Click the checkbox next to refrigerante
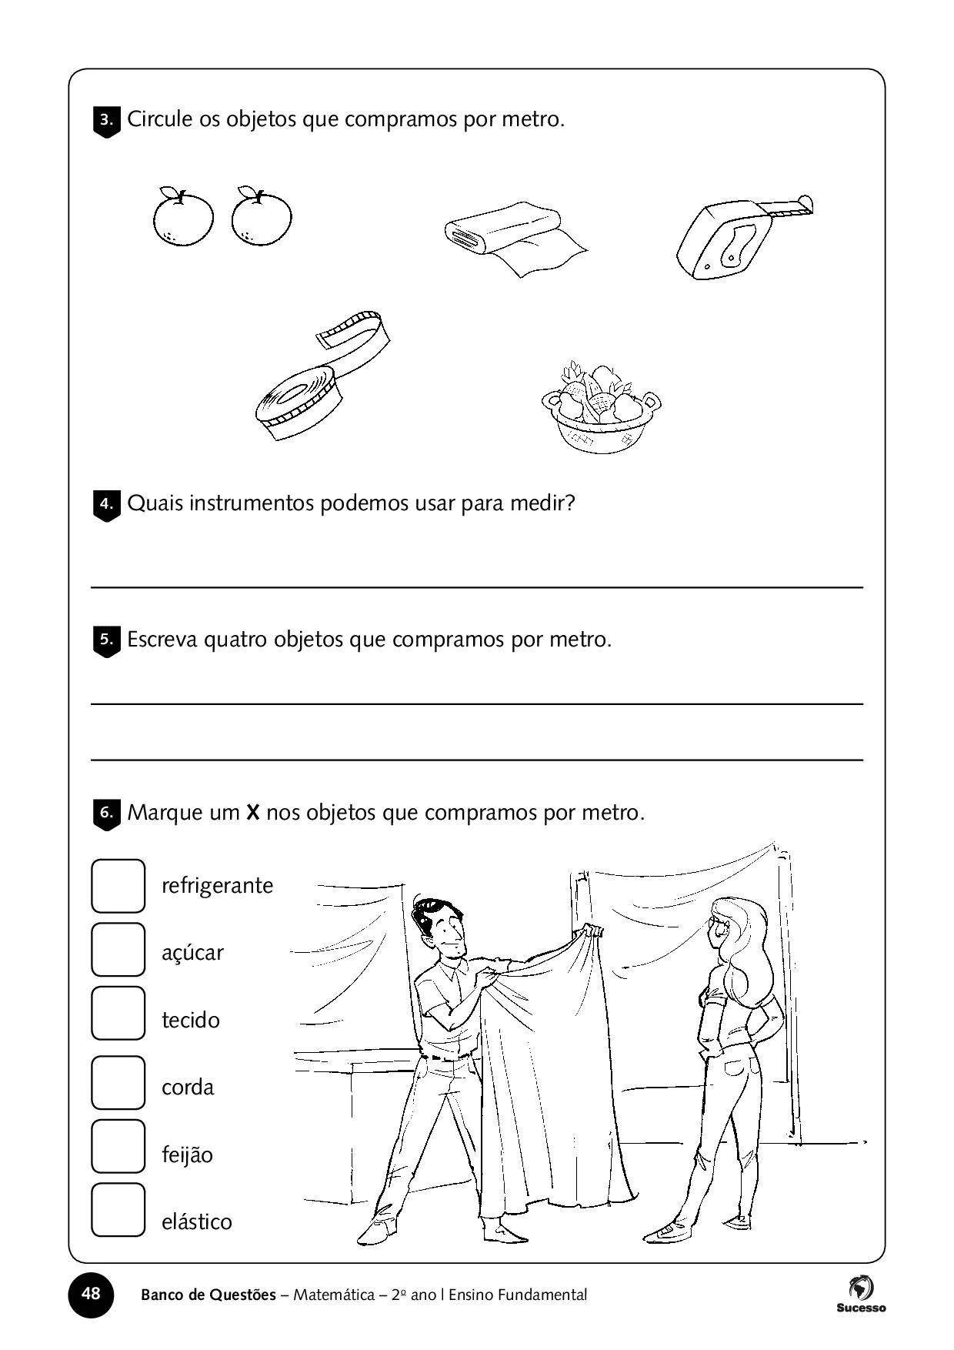[118, 886]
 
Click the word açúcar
[192, 954]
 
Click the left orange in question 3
[183, 217]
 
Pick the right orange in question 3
[262, 217]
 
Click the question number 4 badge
[106, 505]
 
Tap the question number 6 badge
[106, 814]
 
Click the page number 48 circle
[91, 1294]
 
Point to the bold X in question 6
[253, 813]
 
